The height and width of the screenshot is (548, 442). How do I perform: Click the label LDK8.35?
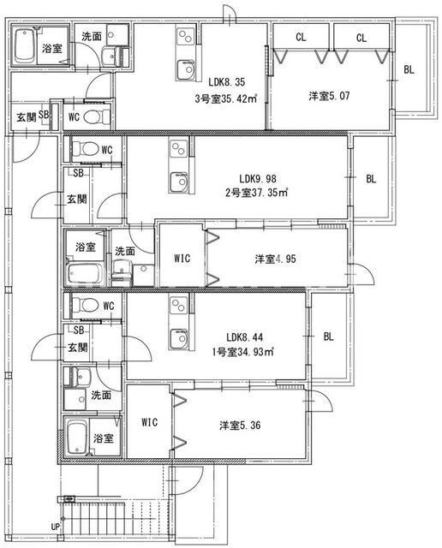click(x=227, y=82)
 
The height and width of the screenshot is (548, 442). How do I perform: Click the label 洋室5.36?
click(x=231, y=424)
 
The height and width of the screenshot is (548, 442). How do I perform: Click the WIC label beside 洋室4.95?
click(x=182, y=258)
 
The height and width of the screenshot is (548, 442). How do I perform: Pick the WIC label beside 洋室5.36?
click(x=149, y=422)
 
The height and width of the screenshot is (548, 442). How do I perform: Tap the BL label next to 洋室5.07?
click(x=409, y=70)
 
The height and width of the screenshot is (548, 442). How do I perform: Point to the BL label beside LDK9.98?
click(x=371, y=179)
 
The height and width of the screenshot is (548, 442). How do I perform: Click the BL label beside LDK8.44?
click(x=328, y=337)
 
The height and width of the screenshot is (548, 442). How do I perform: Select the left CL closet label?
click(x=301, y=37)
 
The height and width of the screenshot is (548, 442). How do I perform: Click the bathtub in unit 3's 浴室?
click(x=25, y=48)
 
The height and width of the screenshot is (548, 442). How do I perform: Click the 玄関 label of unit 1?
click(x=77, y=347)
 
